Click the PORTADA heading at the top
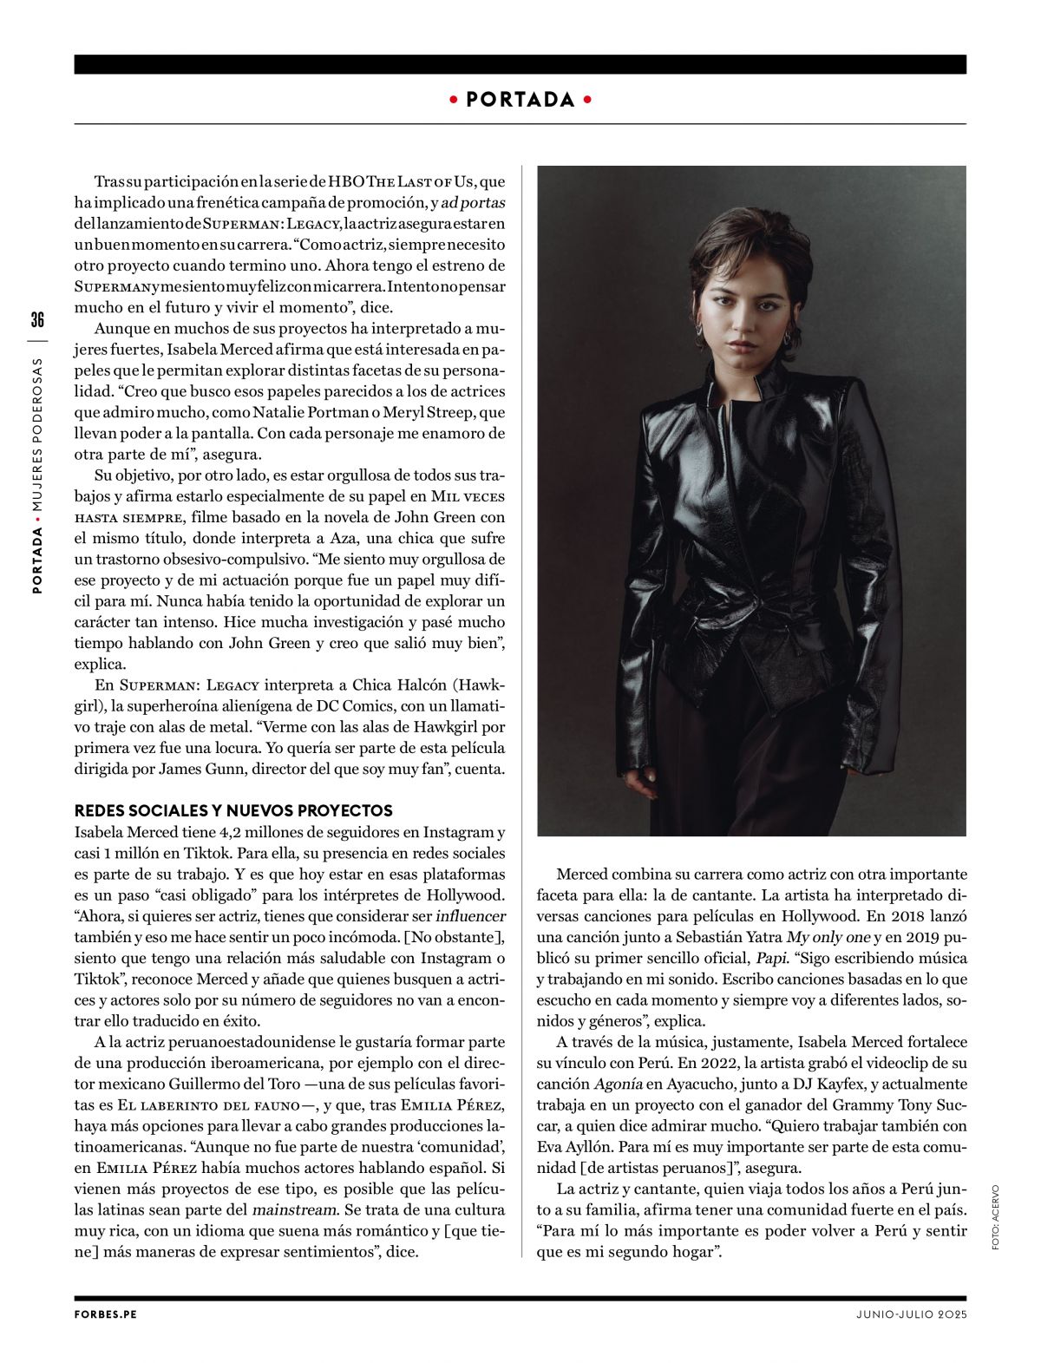(x=520, y=100)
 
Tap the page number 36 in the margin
(x=37, y=319)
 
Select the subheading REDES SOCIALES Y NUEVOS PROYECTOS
(x=233, y=810)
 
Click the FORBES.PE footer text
(x=106, y=1314)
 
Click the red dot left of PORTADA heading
(x=453, y=100)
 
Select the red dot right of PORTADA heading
(x=588, y=100)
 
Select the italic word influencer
(x=469, y=916)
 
